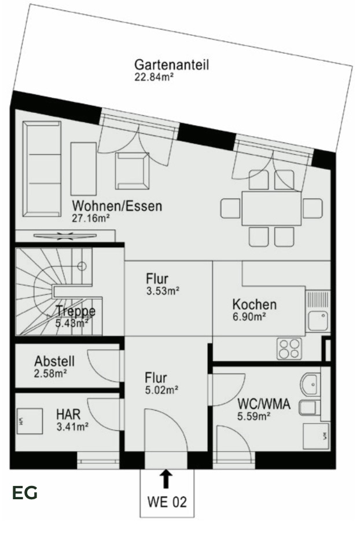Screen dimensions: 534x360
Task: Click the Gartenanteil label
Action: coord(171,64)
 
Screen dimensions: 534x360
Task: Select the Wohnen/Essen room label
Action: coord(117,206)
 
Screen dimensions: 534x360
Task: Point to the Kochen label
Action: coord(254,304)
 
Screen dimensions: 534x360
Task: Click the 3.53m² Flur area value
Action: coord(163,291)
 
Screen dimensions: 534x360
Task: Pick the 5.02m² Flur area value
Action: coord(161,390)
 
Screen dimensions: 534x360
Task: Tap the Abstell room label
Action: coord(54,360)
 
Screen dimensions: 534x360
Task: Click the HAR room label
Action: coord(68,415)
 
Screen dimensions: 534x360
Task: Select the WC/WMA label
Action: coord(264,404)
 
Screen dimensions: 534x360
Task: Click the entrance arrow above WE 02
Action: coord(166,478)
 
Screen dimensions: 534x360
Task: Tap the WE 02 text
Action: coord(167,502)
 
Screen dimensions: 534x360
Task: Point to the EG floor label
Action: coord(25,493)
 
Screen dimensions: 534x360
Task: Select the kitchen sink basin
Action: coord(318,320)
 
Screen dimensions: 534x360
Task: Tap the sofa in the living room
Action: coord(42,169)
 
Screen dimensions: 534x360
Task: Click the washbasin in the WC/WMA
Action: coord(311,383)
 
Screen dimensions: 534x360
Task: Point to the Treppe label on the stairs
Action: coord(75,311)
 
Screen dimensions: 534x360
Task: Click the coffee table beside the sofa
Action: coord(83,169)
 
